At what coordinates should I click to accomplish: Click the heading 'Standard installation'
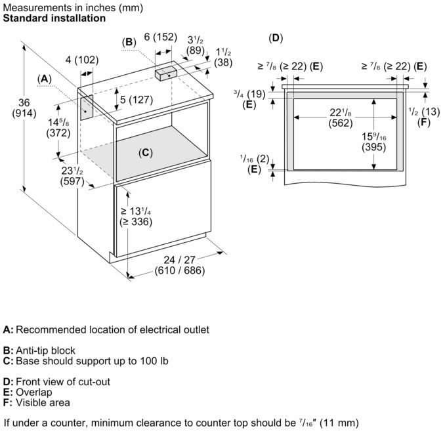pos(54,18)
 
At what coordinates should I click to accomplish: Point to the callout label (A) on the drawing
pos(44,79)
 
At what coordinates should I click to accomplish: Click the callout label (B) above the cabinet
pos(129,43)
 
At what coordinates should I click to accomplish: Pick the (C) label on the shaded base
pos(146,153)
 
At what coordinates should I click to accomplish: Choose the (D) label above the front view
pos(276,37)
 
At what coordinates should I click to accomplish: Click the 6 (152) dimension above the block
pos(160,37)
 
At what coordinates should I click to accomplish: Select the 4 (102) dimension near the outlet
pos(82,60)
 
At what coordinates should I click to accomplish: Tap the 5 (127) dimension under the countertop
pos(137,100)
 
